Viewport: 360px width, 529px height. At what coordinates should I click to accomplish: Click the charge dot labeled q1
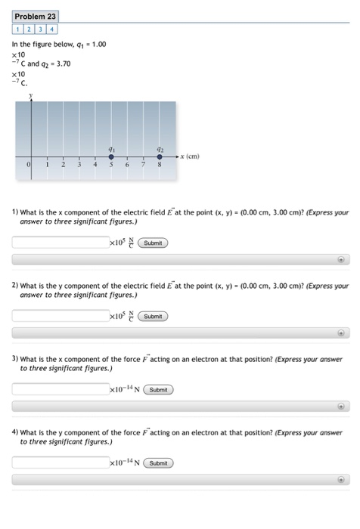(111, 156)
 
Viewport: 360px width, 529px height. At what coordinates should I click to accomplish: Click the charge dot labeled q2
(159, 156)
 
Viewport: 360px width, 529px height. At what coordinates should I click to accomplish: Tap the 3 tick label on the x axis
(79, 164)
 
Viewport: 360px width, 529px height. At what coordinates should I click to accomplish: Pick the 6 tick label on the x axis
(126, 164)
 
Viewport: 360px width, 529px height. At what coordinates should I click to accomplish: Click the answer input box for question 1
(61, 243)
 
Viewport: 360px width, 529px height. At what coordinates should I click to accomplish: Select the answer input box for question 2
(61, 316)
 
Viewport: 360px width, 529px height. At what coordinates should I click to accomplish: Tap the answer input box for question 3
(61, 389)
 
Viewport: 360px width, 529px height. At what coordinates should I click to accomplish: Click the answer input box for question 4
(61, 462)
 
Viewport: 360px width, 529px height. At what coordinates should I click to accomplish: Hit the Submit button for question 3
(159, 390)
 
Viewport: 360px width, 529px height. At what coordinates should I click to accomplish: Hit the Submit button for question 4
(159, 462)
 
